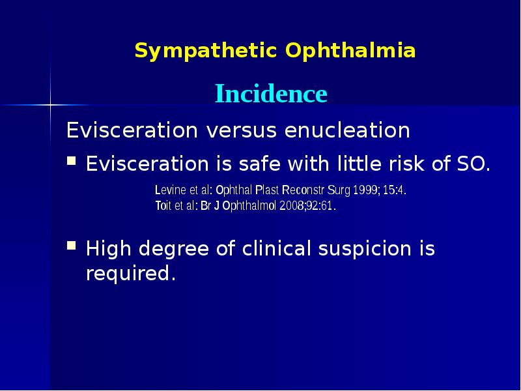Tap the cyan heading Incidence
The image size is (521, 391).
[271, 94]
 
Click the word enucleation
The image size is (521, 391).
[347, 131]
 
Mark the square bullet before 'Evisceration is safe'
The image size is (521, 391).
[73, 160]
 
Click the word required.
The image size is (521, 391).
[131, 274]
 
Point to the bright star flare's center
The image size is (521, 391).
[50, 104]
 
